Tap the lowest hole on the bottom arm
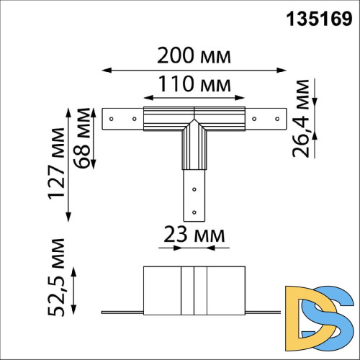click(x=193, y=210)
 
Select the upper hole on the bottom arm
click(x=193, y=189)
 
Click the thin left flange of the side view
click(x=122, y=312)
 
